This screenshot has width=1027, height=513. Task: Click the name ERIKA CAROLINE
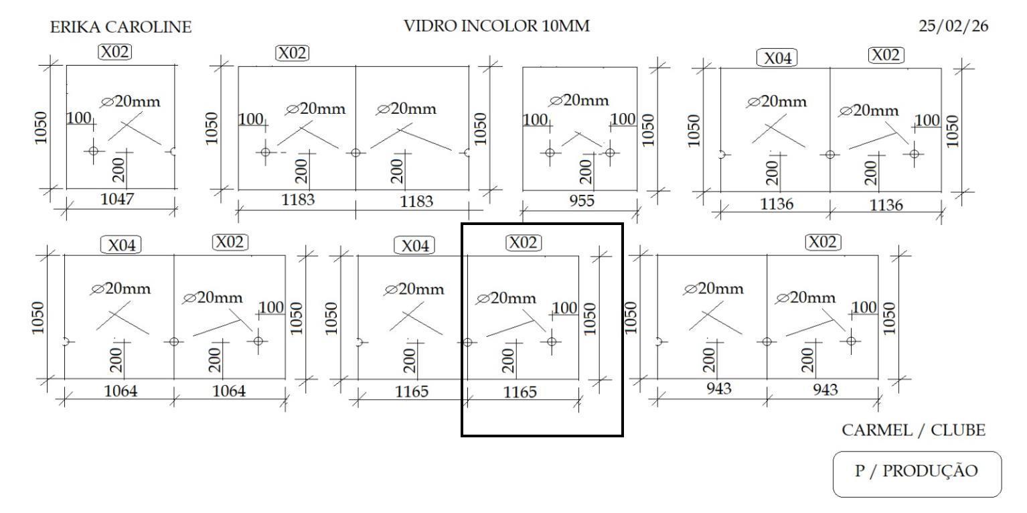(x=121, y=27)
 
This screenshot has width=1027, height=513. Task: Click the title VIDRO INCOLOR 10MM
(x=497, y=27)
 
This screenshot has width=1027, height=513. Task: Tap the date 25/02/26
(x=953, y=27)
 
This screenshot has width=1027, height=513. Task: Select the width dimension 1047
(x=117, y=198)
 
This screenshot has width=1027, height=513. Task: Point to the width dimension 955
(x=581, y=200)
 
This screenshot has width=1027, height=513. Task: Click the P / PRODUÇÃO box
(x=917, y=471)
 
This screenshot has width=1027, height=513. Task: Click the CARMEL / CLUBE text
(x=913, y=430)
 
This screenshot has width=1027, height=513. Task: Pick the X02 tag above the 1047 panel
(x=115, y=52)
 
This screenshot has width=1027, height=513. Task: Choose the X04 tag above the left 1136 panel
(x=777, y=58)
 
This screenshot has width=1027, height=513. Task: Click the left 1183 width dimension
(x=298, y=199)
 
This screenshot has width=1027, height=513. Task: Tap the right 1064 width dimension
(x=229, y=390)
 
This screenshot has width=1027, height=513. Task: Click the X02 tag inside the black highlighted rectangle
(x=523, y=242)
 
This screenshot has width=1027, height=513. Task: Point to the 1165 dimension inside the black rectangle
(x=520, y=392)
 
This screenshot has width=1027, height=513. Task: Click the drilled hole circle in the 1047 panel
(x=93, y=151)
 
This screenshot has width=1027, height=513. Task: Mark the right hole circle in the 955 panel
(x=609, y=152)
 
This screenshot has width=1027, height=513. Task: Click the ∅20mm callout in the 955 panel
(x=580, y=100)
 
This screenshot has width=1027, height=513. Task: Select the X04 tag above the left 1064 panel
(x=121, y=246)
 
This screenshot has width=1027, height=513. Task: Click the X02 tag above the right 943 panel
(x=822, y=242)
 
